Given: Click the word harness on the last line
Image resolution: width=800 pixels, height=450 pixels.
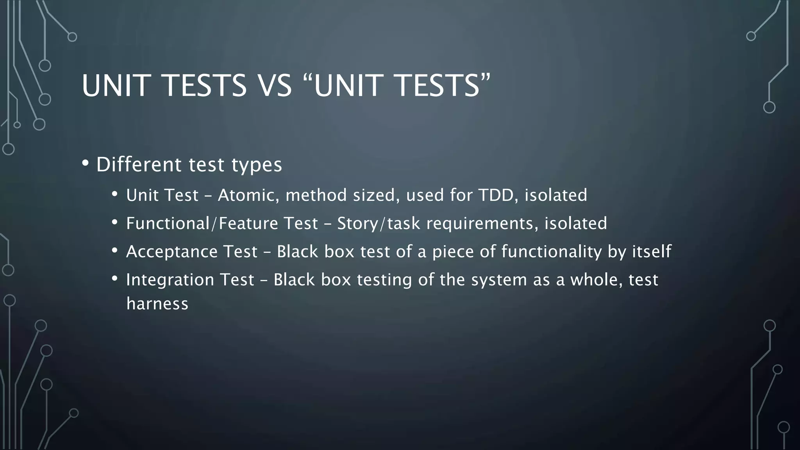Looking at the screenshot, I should click(x=157, y=304).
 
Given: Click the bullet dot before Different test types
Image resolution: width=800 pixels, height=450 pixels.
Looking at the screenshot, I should click(x=86, y=163).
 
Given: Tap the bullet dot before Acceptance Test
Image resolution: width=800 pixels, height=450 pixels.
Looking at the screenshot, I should click(x=114, y=250).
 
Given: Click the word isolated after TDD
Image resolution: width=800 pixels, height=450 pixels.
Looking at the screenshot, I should click(x=555, y=195).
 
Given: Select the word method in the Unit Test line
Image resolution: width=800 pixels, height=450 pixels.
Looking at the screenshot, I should click(x=316, y=195).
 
